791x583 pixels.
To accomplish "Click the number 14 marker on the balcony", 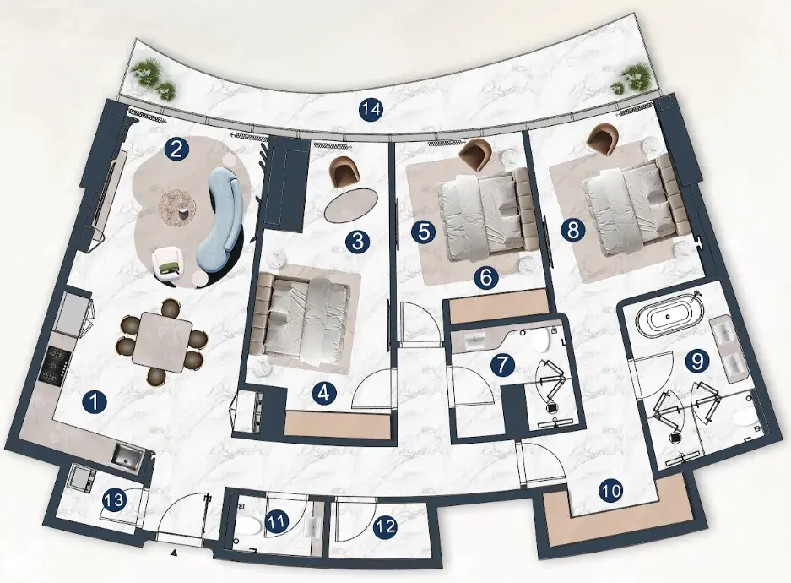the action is point(371,110).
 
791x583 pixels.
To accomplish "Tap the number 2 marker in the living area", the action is point(176,150).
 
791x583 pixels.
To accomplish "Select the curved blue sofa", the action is point(221,210).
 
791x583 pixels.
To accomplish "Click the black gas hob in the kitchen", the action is point(52,367).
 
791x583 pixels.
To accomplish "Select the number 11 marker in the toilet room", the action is point(276,522).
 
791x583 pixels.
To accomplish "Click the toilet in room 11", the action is point(249,526).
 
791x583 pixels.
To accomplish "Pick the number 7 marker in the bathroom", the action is point(502,366).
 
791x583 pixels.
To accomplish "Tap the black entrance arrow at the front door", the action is point(174,553).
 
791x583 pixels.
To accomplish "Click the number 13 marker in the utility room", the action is point(115,501).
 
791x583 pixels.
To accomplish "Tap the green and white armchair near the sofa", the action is point(168,263).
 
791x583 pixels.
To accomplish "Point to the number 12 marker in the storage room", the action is point(386,527).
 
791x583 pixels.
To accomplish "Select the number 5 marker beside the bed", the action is point(424,232).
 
